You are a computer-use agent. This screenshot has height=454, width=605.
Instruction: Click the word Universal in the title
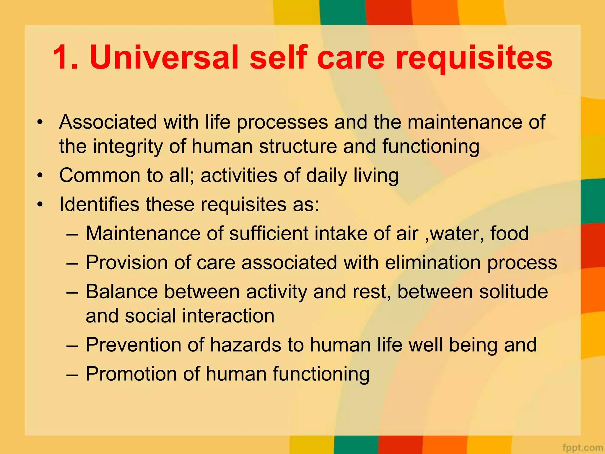click(x=164, y=57)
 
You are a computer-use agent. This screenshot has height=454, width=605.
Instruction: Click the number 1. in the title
click(x=65, y=57)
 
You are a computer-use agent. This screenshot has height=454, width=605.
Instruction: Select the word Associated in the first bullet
click(x=108, y=122)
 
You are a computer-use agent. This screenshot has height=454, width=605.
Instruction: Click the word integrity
click(x=128, y=147)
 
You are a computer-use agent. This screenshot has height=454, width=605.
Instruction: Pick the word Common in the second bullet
click(x=100, y=175)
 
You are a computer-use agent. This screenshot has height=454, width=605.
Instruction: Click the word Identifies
click(x=99, y=204)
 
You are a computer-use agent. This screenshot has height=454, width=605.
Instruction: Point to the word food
click(x=509, y=234)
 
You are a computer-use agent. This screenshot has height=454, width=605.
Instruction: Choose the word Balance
click(x=122, y=292)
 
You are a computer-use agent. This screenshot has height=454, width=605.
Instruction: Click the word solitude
click(x=513, y=292)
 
